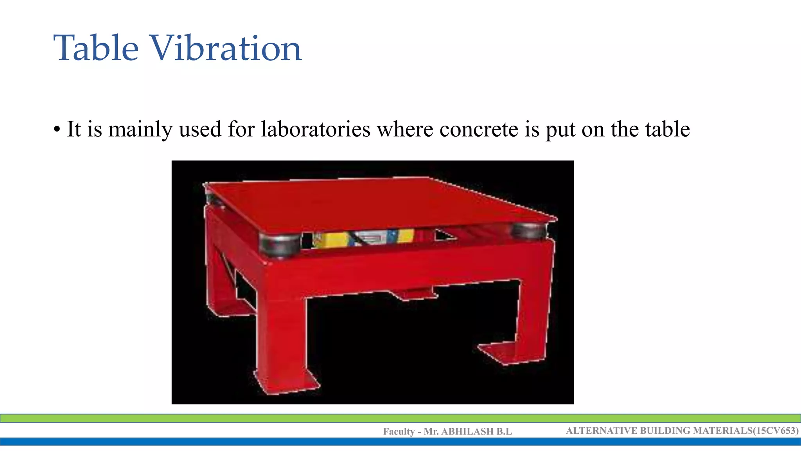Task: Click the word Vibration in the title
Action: [x=226, y=49]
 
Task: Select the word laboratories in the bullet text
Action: [x=316, y=129]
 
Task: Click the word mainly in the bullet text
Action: [x=140, y=130]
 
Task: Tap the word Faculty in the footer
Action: [x=399, y=431]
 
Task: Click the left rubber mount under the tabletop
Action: [x=280, y=245]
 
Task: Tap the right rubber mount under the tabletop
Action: [x=529, y=231]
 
